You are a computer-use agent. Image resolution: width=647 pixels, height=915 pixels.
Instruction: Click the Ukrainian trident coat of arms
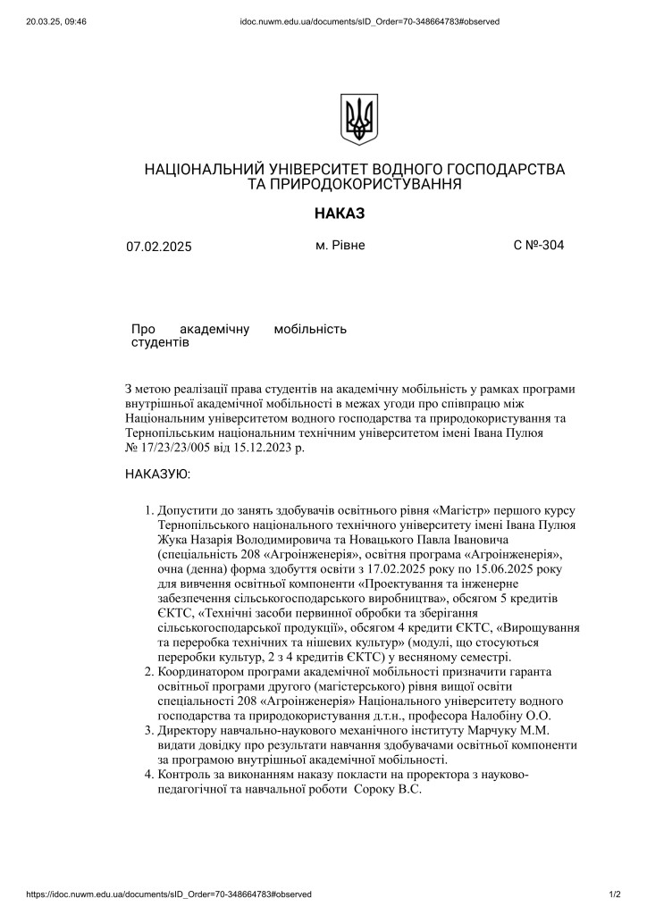click(359, 119)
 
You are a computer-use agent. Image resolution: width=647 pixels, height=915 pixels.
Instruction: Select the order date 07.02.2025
click(159, 247)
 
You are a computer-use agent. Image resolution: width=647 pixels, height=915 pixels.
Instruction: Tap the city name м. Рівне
click(340, 245)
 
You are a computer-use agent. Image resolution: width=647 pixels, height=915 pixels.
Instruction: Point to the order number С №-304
click(539, 245)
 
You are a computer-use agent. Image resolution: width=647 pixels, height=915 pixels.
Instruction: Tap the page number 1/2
click(615, 894)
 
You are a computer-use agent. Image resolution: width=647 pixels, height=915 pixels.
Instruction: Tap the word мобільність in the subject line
click(310, 329)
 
